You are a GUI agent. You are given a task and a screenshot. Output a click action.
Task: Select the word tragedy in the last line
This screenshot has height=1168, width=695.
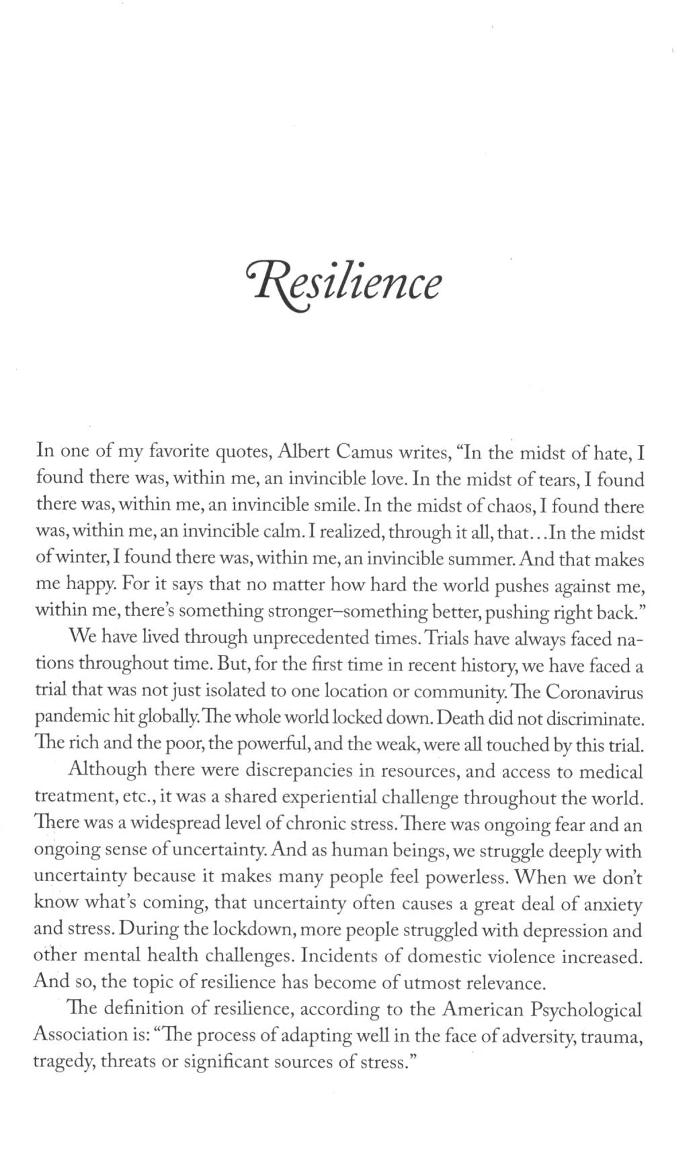(x=65, y=1063)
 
